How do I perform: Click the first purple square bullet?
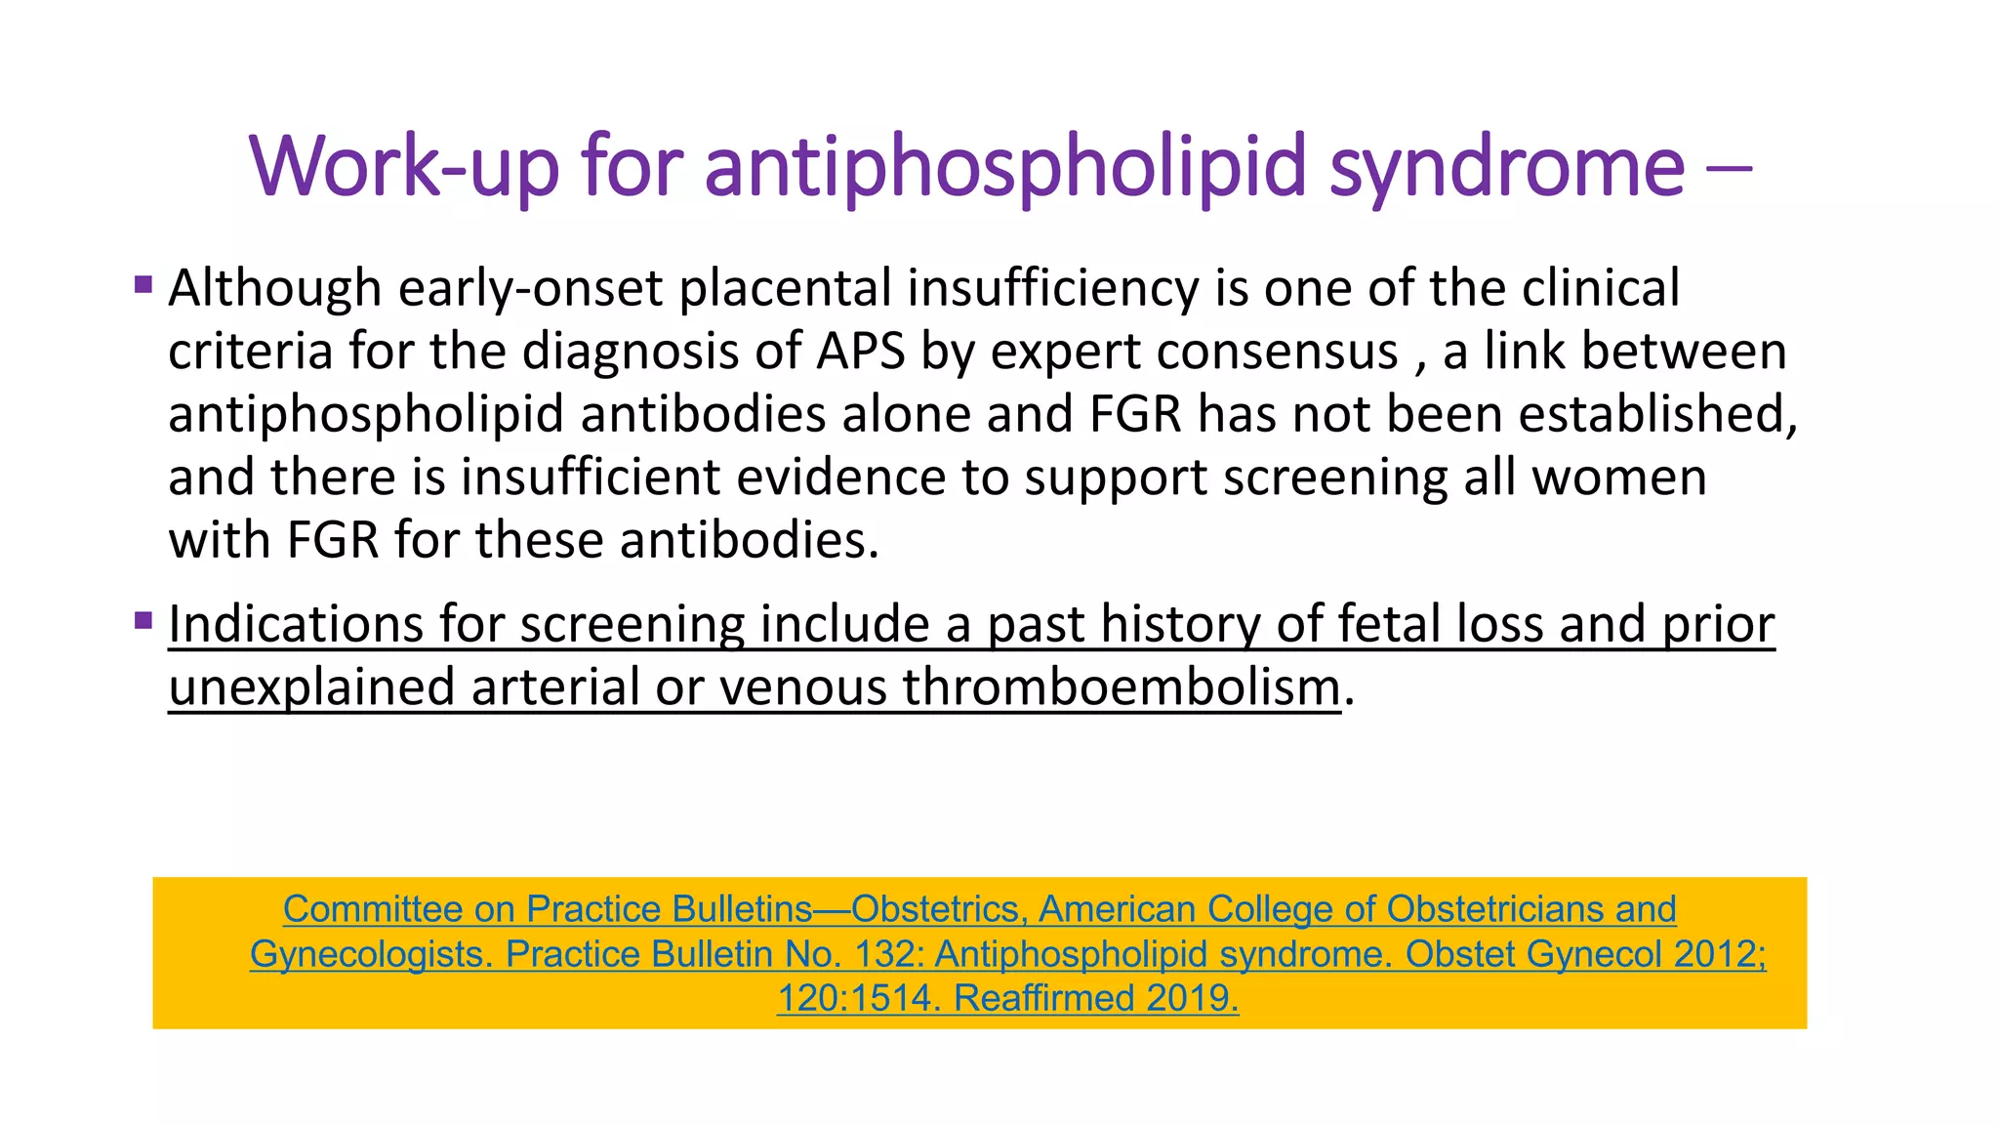143,285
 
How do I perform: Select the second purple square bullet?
143,620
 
